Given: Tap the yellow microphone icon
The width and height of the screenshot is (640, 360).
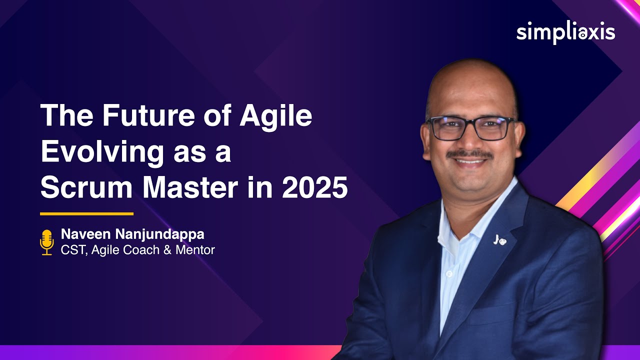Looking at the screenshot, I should pos(46,242).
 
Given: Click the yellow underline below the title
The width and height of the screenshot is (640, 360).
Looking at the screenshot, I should pos(86,214).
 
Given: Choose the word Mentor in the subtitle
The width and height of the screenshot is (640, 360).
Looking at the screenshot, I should pos(195,249).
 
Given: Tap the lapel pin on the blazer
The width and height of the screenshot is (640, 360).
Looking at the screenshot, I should pos(498,239).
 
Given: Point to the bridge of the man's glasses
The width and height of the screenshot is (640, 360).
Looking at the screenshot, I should pos(471,123).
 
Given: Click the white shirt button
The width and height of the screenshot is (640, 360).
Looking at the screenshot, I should pos(449,273).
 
